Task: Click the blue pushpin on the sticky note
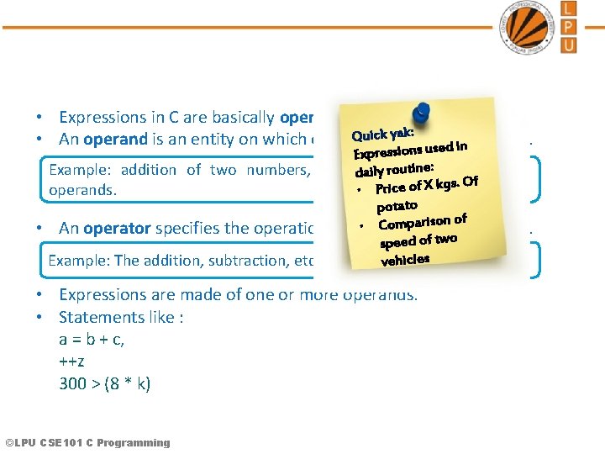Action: pos(421,112)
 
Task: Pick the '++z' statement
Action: pos(71,362)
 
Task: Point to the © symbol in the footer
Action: pos(9,442)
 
